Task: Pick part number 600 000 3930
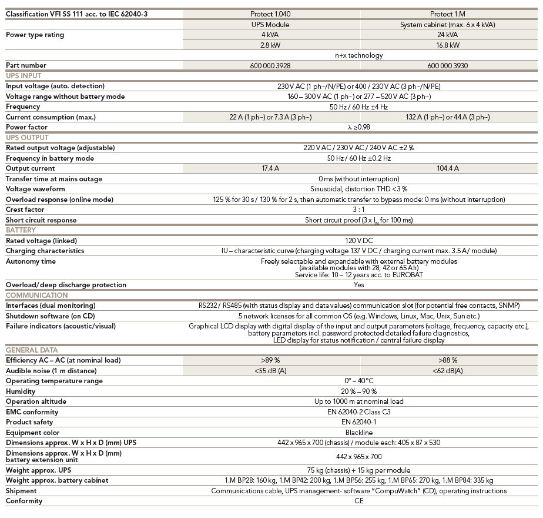click(x=448, y=65)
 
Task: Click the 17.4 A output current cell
click(x=270, y=168)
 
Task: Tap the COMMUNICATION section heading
click(x=36, y=295)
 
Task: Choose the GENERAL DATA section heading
click(x=32, y=350)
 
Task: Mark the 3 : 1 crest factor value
click(x=358, y=210)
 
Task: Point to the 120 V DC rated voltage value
click(x=359, y=241)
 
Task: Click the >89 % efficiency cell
click(x=270, y=360)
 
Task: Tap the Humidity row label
click(x=21, y=391)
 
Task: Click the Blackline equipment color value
click(x=359, y=433)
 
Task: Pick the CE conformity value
click(x=359, y=502)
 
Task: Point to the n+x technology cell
click(x=359, y=55)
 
